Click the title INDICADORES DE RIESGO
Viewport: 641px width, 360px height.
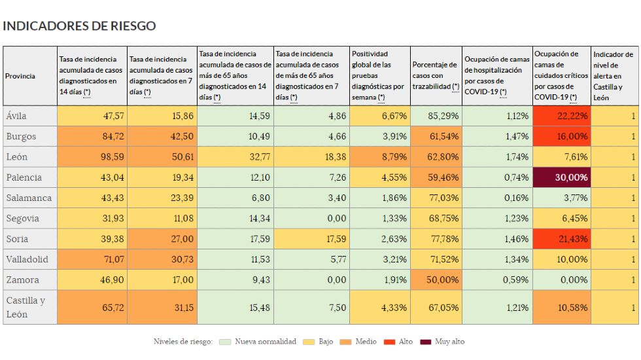click(79, 26)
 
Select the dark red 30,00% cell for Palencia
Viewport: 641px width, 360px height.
click(562, 177)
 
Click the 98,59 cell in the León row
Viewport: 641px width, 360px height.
click(92, 157)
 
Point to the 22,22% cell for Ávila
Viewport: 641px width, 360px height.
click(562, 116)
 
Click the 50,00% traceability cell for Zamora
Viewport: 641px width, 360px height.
click(436, 279)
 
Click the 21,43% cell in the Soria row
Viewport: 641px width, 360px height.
click(562, 239)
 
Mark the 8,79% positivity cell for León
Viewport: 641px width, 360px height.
click(379, 157)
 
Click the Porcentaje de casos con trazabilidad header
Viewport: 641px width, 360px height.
click(436, 76)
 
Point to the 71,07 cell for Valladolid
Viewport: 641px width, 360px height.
click(92, 259)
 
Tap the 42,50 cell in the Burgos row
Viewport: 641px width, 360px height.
click(162, 136)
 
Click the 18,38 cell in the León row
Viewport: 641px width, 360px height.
click(311, 157)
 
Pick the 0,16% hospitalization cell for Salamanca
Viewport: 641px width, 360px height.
click(497, 198)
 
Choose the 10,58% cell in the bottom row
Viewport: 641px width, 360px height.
click(562, 308)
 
